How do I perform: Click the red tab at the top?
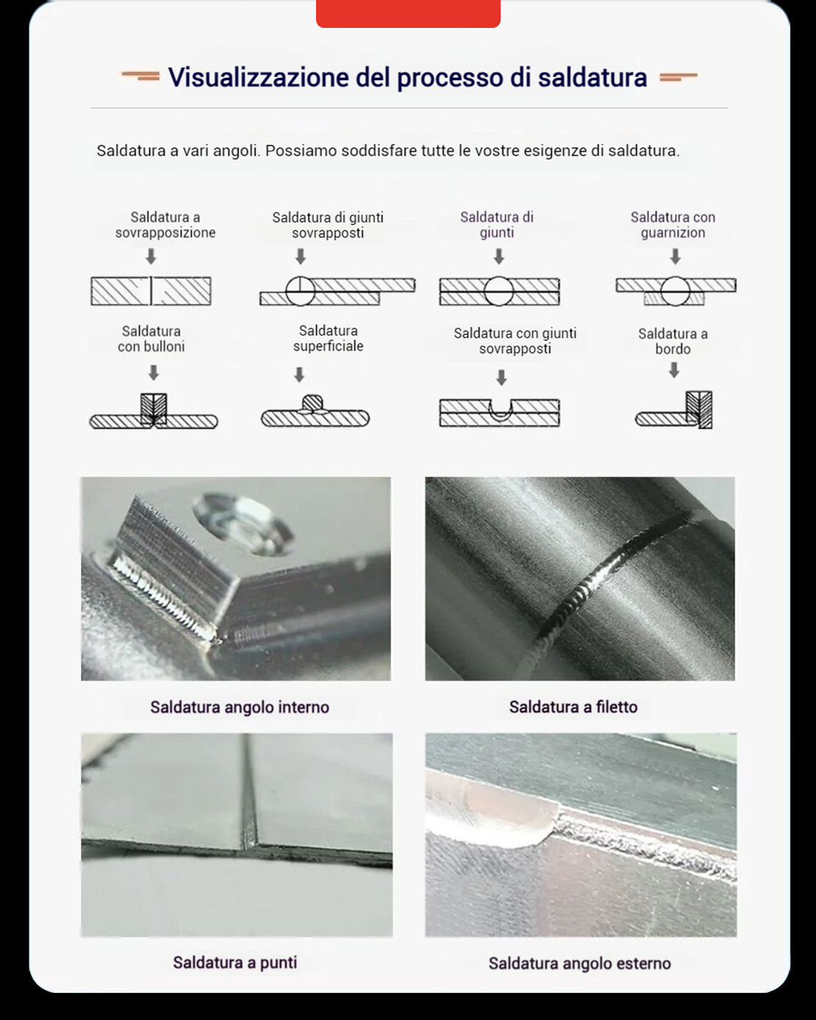tap(408, 13)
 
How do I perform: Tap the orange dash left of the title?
tap(140, 76)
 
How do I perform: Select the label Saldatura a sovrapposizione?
tap(165, 225)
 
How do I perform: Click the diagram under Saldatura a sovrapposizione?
tap(151, 291)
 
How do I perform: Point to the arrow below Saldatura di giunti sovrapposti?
tap(300, 256)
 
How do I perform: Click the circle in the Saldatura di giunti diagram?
tap(498, 291)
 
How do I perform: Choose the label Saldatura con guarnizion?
tap(673, 225)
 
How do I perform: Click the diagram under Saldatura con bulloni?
tap(154, 412)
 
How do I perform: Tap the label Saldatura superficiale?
tap(328, 339)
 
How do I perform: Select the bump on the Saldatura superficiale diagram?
tap(312, 403)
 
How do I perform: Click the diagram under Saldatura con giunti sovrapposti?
tap(499, 412)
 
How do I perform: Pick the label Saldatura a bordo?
tap(673, 341)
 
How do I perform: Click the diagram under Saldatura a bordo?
tap(675, 411)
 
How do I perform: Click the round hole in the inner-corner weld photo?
tap(243, 523)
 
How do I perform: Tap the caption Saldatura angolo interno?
tap(240, 707)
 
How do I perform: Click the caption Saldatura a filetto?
tap(573, 707)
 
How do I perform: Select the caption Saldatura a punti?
tap(235, 963)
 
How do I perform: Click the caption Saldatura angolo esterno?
tap(579, 963)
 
